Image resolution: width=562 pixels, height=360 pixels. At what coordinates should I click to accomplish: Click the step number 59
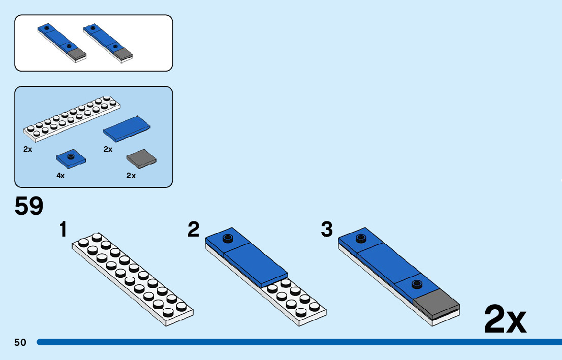tap(29, 207)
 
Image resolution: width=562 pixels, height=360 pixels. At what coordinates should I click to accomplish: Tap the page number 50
tap(20, 342)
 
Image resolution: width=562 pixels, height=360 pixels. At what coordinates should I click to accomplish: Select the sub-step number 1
tap(63, 230)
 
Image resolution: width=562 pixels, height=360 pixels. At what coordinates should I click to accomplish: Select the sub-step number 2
tap(193, 230)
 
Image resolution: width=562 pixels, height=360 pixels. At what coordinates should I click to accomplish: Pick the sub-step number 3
tap(327, 230)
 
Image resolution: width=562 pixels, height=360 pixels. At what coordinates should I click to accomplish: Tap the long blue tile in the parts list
tap(127, 129)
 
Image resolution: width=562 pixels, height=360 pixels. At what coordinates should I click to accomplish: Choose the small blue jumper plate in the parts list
tap(71, 159)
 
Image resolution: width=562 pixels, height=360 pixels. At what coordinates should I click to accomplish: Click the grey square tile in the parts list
tap(141, 159)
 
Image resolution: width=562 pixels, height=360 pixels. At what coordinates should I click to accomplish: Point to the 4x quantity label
tap(60, 176)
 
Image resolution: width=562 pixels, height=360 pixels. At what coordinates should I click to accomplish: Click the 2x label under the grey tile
tap(131, 176)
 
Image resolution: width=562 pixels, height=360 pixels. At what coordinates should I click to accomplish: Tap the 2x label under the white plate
tap(28, 150)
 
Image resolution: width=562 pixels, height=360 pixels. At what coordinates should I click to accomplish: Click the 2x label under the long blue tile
tap(108, 149)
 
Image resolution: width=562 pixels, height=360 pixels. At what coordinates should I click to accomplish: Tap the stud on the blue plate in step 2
tap(227, 237)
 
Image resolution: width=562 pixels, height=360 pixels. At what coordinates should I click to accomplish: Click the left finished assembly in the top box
tap(61, 43)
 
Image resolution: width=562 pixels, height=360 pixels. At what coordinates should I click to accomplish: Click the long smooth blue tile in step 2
tap(256, 263)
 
